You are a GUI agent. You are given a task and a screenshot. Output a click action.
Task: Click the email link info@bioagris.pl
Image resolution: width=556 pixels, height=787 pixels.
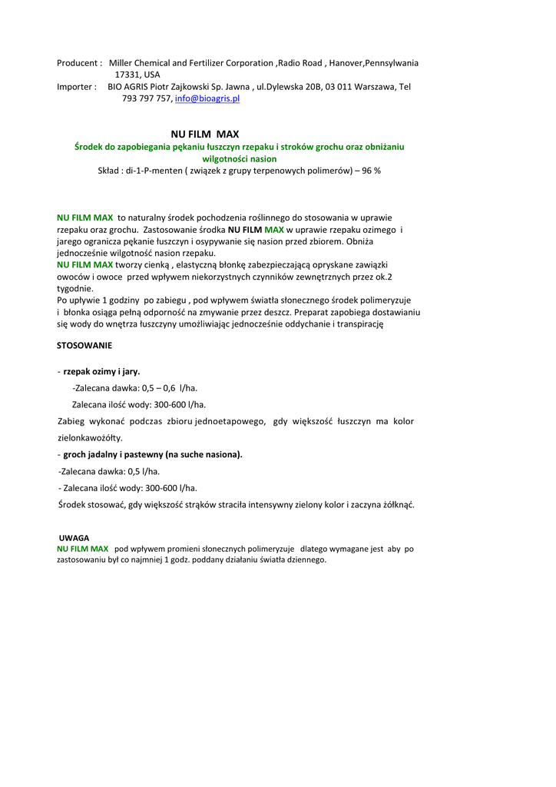207,99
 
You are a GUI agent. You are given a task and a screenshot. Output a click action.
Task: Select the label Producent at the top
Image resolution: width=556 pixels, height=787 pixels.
78,63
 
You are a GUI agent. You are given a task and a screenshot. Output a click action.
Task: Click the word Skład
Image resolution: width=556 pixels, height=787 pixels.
110,170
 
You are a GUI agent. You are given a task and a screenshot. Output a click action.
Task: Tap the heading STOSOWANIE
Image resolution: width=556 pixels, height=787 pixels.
84,346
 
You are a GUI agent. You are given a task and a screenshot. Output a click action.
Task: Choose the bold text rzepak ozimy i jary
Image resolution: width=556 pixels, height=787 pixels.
101,371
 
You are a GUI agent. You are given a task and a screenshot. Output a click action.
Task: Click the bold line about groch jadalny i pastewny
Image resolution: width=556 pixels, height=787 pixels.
153,454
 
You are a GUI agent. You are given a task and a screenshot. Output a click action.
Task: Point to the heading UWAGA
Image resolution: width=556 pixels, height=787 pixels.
74,538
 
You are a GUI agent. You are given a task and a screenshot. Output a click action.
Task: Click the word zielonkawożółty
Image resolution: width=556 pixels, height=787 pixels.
91,437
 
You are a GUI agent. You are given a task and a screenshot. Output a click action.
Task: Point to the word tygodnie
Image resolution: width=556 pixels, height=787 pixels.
75,288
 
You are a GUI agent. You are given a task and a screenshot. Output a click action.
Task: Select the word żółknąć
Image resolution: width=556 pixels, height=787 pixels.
394,505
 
